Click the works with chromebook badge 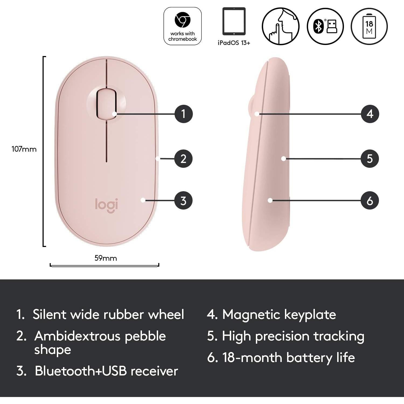(x=183, y=26)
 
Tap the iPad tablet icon (x=234, y=22)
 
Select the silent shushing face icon (x=281, y=26)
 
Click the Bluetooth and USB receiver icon (x=325, y=26)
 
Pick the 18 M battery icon (x=369, y=26)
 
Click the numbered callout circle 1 (x=183, y=114)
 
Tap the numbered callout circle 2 (x=183, y=159)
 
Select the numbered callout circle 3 (x=183, y=201)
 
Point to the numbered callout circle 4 (x=370, y=114)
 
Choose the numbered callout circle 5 (x=370, y=159)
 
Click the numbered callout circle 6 (x=370, y=201)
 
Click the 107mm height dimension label (x=24, y=149)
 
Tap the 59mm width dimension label (x=106, y=258)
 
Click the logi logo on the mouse (x=106, y=205)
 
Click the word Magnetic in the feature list (x=248, y=315)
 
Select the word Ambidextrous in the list (x=77, y=336)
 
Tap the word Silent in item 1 (x=49, y=314)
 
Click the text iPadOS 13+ (x=234, y=43)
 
